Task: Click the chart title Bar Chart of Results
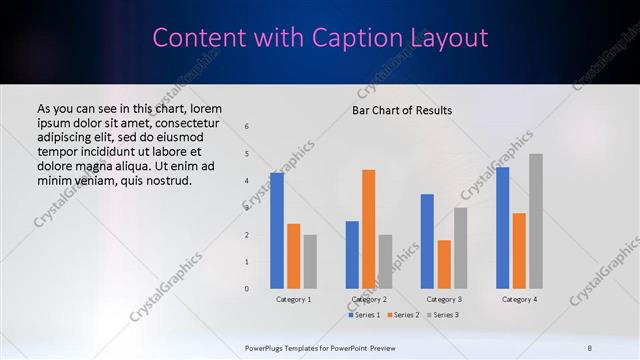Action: pos(402,110)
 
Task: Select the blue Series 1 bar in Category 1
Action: pos(276,230)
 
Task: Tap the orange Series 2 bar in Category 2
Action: pos(368,229)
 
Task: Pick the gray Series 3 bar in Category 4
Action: pos(536,221)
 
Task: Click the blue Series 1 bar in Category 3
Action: pos(427,241)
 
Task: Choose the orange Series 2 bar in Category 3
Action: pos(444,264)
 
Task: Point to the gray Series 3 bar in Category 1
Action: pos(310,261)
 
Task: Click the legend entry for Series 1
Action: pos(364,315)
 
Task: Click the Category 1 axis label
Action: pos(293,299)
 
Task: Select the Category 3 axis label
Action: pos(444,299)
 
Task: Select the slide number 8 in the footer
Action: pos(589,346)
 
